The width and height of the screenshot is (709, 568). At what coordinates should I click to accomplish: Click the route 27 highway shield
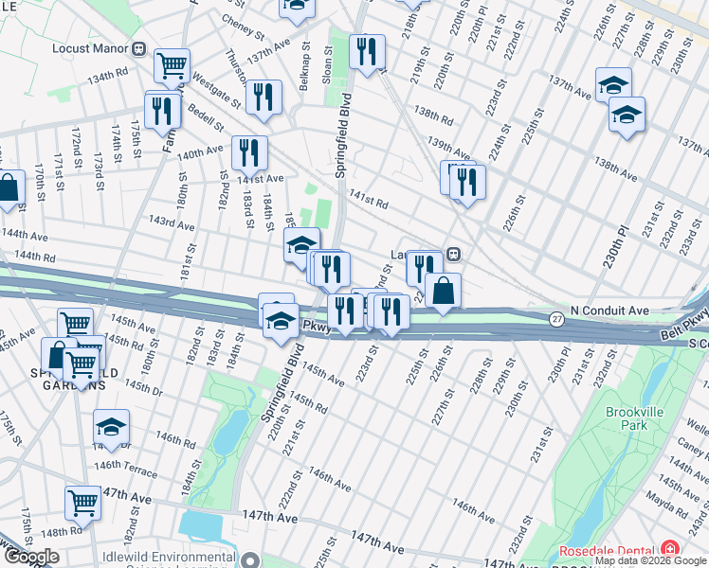[556, 321]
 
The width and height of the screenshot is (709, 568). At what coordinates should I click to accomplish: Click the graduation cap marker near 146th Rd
[111, 427]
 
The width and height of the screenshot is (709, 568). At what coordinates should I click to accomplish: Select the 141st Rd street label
[370, 203]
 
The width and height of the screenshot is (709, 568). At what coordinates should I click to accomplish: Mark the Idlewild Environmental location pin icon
[249, 559]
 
